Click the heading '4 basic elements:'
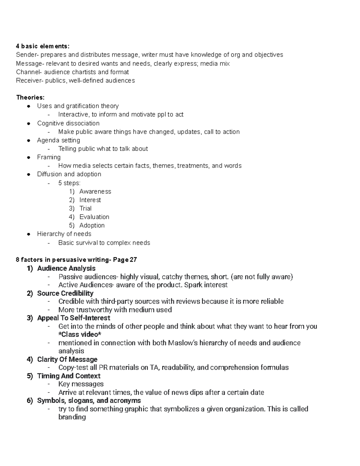(x=43, y=46)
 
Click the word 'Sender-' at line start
(x=27, y=55)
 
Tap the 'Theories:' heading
(x=30, y=98)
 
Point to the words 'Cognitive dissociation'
(x=68, y=123)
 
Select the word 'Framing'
(x=49, y=157)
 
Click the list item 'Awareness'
(x=95, y=191)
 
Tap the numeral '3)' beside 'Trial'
(x=72, y=208)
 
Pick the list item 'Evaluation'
(x=94, y=217)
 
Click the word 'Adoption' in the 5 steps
(x=92, y=225)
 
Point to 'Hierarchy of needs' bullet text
(x=64, y=234)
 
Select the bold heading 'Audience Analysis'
(x=66, y=268)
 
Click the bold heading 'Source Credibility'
(x=65, y=293)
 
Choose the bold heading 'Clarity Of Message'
(x=67, y=359)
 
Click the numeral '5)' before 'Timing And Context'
(x=30, y=376)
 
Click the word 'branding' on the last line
(x=72, y=417)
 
